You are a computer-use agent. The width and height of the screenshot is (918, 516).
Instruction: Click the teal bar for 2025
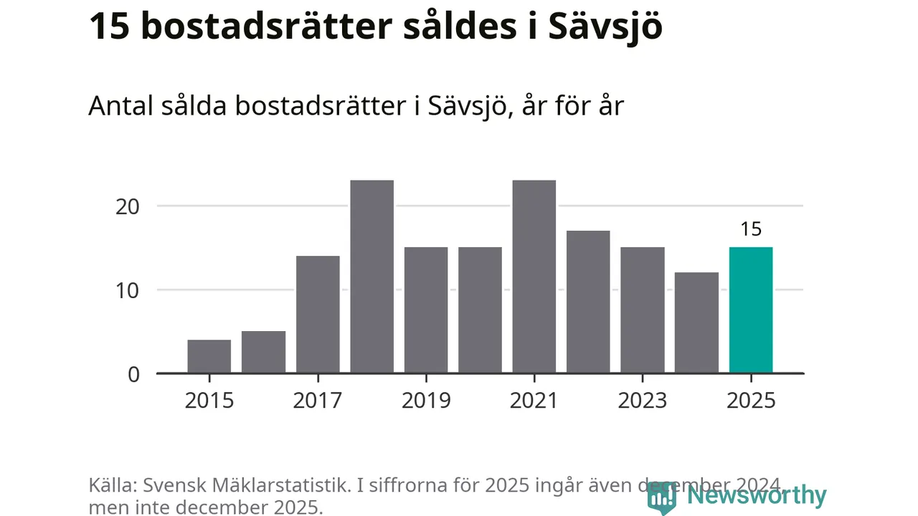(751, 310)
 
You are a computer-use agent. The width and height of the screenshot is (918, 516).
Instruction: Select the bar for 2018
(372, 277)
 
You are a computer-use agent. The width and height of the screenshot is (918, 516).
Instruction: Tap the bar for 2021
(534, 277)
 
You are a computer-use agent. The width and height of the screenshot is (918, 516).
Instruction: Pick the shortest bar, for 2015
(209, 356)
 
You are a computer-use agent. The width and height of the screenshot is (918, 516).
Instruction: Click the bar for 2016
(263, 352)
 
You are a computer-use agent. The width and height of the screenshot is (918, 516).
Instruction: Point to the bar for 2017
(318, 315)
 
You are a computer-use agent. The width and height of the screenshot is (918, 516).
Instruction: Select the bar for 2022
(588, 302)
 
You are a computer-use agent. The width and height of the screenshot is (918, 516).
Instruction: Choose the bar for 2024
(696, 322)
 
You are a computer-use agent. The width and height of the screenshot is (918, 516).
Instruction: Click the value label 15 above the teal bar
(751, 229)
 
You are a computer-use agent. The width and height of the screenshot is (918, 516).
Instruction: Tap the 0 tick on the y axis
(134, 374)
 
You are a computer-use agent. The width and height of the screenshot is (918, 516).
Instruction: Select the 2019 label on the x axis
(426, 400)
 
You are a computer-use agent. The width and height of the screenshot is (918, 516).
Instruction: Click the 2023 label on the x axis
(643, 400)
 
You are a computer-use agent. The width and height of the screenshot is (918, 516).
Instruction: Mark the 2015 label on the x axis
(209, 400)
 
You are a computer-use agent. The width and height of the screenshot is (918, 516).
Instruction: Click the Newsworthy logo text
(757, 495)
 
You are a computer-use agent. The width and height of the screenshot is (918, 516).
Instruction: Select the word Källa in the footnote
(113, 485)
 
